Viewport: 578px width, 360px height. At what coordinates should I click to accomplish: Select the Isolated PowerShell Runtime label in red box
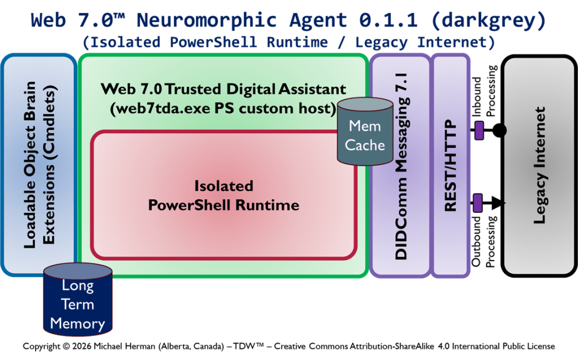coord(224,195)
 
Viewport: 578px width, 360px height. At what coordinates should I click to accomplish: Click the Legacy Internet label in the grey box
coord(540,165)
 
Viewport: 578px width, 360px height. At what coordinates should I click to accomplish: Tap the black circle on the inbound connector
coord(499,131)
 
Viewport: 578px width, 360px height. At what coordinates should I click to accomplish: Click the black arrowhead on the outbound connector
coord(499,201)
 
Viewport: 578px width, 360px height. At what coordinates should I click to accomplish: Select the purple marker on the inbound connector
coord(479,131)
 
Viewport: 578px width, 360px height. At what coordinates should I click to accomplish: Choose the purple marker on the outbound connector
coord(478,201)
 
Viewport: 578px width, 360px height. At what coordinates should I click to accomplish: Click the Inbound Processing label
coord(484,93)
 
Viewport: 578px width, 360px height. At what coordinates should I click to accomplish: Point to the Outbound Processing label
coord(484,240)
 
